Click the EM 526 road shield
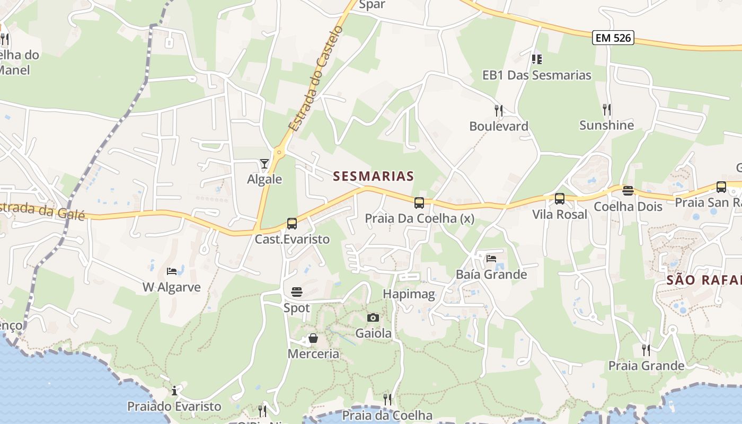(613, 38)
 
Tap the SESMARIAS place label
(373, 176)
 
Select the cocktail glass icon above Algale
(264, 164)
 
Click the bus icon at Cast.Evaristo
(292, 224)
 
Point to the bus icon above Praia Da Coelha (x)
(419, 202)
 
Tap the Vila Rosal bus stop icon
(560, 199)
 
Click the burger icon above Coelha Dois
(628, 191)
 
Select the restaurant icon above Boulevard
(498, 110)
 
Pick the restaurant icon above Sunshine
(607, 110)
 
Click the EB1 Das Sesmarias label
(536, 75)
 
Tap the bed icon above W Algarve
(172, 271)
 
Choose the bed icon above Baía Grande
(491, 259)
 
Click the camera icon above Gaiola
(373, 317)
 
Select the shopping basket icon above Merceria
(313, 338)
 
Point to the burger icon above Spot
(296, 292)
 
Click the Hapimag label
(409, 294)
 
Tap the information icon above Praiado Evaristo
(174, 391)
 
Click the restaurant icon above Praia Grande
(646, 350)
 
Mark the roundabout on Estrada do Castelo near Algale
(279, 152)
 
